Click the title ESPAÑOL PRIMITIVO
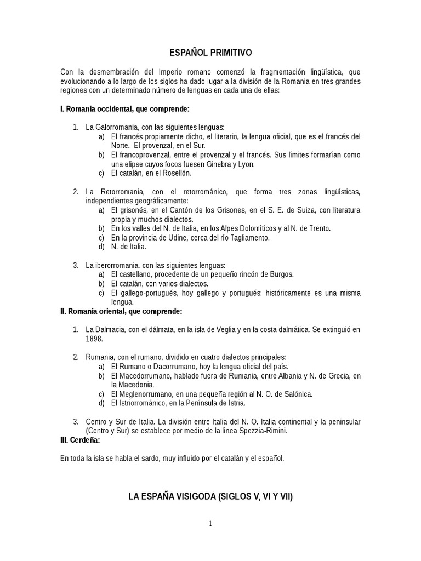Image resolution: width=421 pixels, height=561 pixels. (x=210, y=53)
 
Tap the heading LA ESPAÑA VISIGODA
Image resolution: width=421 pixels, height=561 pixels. (x=210, y=497)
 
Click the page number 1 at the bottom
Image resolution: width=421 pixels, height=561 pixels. (x=210, y=524)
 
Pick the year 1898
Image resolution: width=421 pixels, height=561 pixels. (x=94, y=339)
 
